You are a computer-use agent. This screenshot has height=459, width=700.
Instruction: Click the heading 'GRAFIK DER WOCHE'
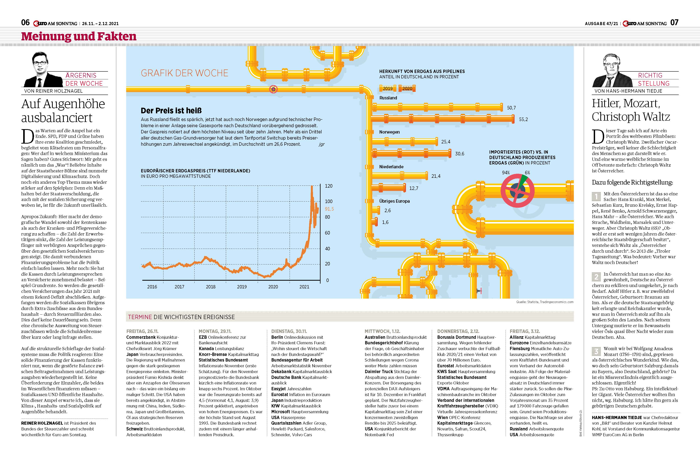184,73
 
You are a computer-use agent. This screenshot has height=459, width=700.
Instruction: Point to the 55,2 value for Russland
523,119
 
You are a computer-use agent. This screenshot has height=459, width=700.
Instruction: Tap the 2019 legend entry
387,88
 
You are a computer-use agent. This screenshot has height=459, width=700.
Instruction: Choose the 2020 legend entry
407,88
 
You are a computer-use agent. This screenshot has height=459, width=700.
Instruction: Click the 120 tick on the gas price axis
328,186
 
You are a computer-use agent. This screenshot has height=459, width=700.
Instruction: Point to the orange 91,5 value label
329,209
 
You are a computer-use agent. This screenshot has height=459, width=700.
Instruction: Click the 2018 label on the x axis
211,287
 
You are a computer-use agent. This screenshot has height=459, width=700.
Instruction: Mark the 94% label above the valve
506,173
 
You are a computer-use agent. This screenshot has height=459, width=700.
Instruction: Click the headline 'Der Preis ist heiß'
171,111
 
